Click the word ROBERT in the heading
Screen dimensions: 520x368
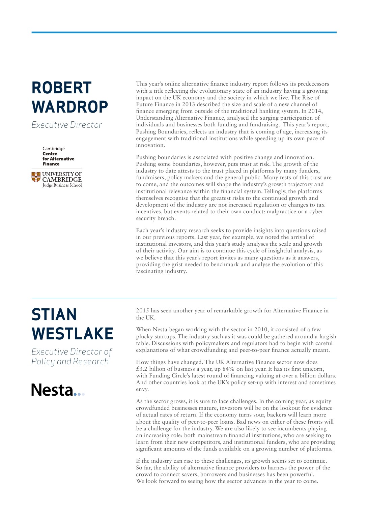click(x=61, y=88)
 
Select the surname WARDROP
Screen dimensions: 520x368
click(x=70, y=107)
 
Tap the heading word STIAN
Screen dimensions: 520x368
click(x=54, y=315)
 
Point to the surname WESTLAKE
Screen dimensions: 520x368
click(x=72, y=334)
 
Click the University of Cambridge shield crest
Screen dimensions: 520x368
click(x=36, y=177)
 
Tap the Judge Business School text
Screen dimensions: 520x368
click(x=62, y=185)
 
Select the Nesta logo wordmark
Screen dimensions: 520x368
click(x=52, y=390)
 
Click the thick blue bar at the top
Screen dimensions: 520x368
click(x=184, y=32)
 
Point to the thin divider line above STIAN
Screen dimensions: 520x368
click(x=184, y=298)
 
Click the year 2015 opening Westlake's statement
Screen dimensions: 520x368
click(x=142, y=311)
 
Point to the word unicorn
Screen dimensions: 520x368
click(x=312, y=369)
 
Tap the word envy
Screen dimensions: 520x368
click(x=142, y=389)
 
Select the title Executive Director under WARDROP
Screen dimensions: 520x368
click(x=67, y=125)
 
